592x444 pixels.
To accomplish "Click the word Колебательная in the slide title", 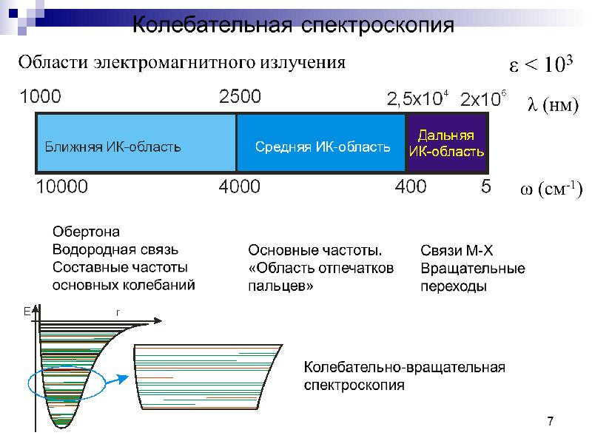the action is (x=212, y=24).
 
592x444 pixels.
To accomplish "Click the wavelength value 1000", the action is (x=41, y=96).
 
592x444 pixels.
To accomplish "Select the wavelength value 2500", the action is (x=240, y=96).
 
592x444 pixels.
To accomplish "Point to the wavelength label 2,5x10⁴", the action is (x=417, y=98).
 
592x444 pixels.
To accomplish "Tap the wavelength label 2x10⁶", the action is (x=483, y=98).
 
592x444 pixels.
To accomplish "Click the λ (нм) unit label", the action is (x=553, y=104).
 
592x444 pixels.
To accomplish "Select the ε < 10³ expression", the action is (x=541, y=64).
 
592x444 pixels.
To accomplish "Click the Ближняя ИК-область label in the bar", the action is (x=112, y=147).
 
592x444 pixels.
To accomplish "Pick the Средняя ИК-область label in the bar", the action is (x=323, y=147).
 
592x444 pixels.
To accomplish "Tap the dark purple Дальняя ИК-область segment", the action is (x=447, y=144).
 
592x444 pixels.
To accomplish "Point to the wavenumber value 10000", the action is (x=62, y=186).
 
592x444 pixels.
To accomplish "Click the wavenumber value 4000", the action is (x=239, y=186).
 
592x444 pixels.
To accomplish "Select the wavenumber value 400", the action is (x=411, y=186).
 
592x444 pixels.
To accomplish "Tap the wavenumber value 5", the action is (x=486, y=186).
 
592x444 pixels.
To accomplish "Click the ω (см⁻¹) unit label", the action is (x=551, y=189).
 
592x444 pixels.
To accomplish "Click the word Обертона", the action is (x=86, y=232).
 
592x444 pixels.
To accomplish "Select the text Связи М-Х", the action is (x=457, y=250).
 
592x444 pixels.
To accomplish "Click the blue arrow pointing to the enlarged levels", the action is (x=117, y=379).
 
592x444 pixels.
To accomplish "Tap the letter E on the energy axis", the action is (x=27, y=312).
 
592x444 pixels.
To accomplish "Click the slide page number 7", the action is (x=551, y=420).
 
